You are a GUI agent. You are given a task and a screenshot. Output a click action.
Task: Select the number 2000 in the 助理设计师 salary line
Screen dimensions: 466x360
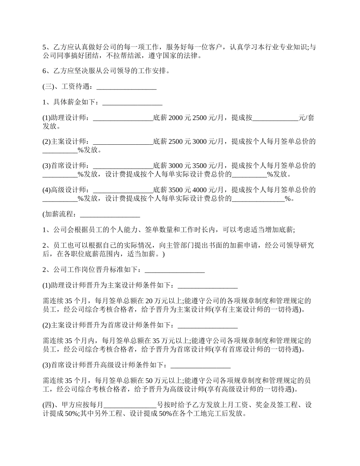click(175, 118)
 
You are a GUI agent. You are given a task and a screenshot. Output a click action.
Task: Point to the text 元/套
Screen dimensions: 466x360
click(307, 118)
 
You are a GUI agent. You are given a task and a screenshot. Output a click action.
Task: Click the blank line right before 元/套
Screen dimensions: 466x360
click(275, 118)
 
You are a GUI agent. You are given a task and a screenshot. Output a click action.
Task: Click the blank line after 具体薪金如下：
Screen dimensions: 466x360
click(132, 102)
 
